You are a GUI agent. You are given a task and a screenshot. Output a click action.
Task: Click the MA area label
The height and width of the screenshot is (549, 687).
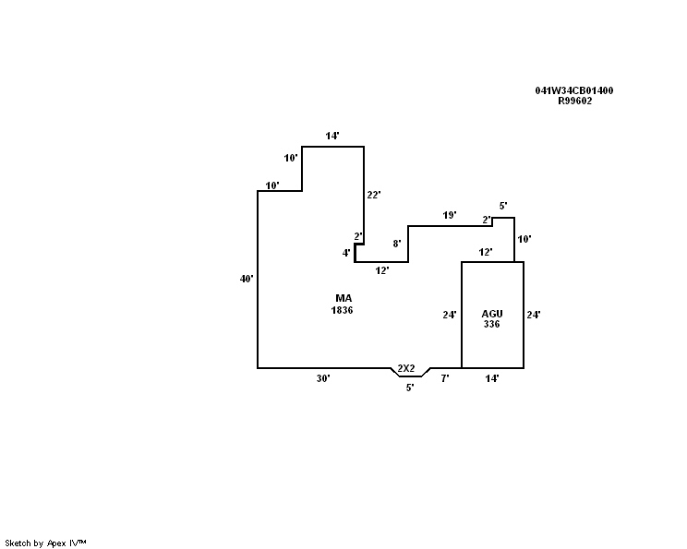[x=343, y=298]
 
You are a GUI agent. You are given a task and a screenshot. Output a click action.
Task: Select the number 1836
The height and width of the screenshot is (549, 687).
[x=343, y=310]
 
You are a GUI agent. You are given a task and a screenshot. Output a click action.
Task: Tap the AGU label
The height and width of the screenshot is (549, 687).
[x=492, y=314]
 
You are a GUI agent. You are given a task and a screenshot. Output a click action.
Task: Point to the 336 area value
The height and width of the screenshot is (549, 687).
[x=492, y=324]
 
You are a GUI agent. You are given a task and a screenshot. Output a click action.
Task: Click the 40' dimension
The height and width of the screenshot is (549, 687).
[x=247, y=278]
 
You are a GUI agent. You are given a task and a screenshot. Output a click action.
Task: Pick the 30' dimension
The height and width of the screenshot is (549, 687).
[x=323, y=378]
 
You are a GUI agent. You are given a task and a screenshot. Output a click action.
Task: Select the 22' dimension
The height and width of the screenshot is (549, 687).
[x=374, y=195]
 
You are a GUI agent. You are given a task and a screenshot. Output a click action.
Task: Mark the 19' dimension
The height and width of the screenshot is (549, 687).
[x=450, y=215]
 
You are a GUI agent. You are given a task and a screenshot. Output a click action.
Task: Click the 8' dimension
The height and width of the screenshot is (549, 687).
[x=397, y=244]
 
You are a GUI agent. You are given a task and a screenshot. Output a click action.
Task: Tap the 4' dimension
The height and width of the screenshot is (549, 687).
[x=346, y=253]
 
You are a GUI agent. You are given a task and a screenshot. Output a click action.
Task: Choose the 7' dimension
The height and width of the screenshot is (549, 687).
[x=445, y=378]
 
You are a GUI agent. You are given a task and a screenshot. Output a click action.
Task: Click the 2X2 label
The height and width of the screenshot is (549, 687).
[x=406, y=369]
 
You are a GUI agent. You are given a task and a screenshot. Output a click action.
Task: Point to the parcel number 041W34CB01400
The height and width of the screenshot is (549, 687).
[x=574, y=90]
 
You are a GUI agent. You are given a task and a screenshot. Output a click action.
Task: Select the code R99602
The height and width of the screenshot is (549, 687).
[x=574, y=101]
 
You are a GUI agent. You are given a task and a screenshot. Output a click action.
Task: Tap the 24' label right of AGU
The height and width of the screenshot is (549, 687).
[x=533, y=315]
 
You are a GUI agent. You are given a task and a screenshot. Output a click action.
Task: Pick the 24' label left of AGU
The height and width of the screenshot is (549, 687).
[x=450, y=315]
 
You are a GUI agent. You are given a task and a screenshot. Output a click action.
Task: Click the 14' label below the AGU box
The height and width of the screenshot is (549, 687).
[x=492, y=378]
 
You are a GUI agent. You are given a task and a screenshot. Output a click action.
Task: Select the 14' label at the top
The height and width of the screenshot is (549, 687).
[x=332, y=136]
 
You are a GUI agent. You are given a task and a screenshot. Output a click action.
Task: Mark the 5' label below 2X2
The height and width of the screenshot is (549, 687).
[x=410, y=388]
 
